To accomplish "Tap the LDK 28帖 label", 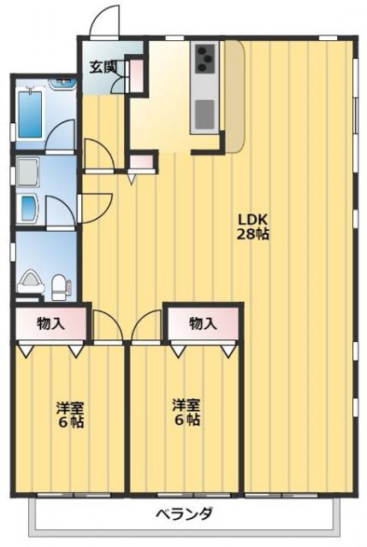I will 253,225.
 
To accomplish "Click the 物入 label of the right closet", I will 203,324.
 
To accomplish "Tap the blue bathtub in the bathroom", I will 32,115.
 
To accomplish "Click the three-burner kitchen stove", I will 205,59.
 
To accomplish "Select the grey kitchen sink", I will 205,112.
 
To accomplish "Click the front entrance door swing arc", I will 103,21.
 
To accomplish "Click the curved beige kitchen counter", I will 234,94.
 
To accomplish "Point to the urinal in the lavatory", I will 31,279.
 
